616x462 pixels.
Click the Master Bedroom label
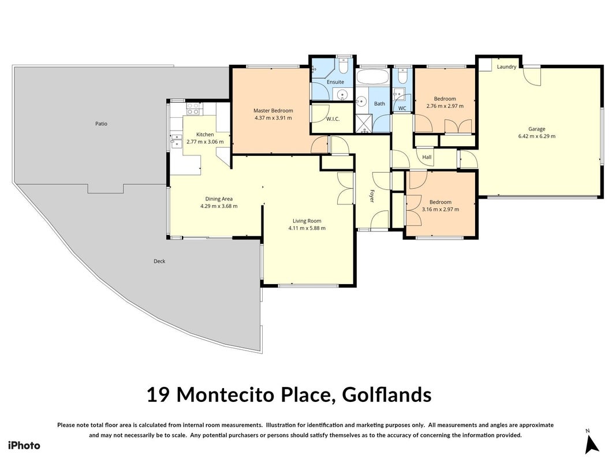273,111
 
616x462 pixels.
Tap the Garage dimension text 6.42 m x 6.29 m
537,136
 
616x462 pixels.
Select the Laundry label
506,67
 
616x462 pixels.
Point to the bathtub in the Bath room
372,76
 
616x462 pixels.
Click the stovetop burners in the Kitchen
192,109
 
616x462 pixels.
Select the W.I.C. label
333,119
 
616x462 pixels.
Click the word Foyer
372,196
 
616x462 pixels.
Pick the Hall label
427,157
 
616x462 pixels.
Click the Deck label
159,261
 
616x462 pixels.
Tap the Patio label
102,124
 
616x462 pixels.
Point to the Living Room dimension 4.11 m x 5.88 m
307,228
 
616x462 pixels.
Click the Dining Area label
219,199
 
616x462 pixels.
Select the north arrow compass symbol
591,442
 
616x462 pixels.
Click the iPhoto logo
24,445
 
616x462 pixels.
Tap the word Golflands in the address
387,395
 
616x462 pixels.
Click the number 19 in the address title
158,395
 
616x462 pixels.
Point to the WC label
402,109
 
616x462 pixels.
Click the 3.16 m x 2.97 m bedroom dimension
440,210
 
